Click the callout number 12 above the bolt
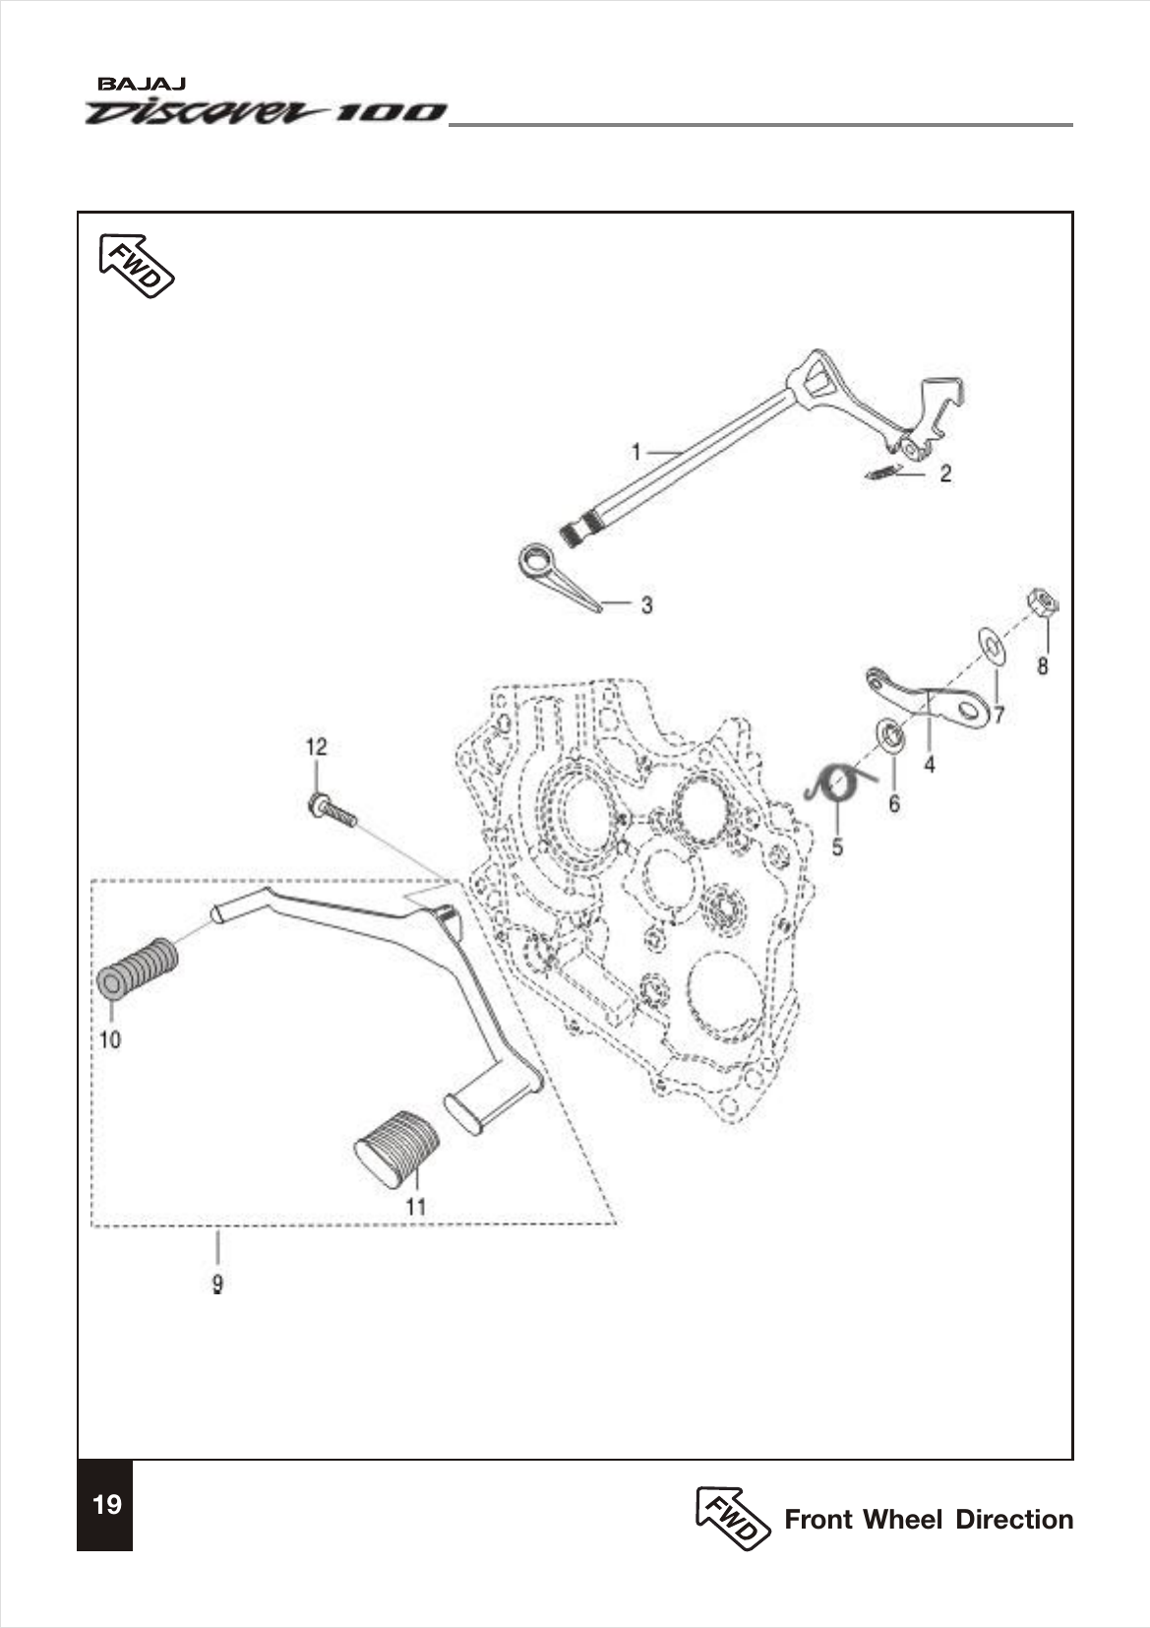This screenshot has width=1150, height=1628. (316, 747)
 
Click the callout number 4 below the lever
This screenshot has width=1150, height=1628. (929, 764)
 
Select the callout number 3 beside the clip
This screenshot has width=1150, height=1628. (646, 605)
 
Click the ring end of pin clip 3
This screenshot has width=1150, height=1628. (537, 560)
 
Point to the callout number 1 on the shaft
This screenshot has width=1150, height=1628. (636, 452)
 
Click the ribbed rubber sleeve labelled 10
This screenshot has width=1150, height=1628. (138, 969)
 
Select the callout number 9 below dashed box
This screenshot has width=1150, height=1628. (217, 1284)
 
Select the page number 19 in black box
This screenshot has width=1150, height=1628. (106, 1504)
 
